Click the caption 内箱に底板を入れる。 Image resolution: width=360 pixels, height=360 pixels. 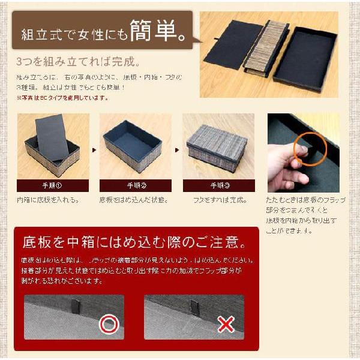48,200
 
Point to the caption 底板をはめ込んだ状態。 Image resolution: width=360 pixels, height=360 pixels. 133,200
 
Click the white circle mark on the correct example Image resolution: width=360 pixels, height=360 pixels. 109,325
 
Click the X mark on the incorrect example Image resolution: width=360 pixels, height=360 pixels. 226,325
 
